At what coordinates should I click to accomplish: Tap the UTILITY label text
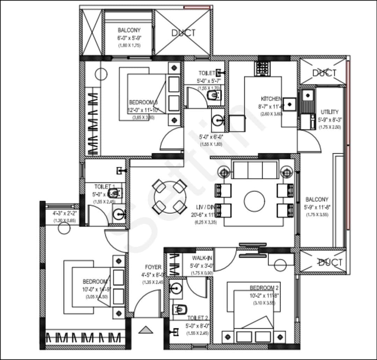pyautogui.click(x=329, y=112)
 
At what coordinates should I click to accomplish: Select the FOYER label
pyautogui.click(x=153, y=267)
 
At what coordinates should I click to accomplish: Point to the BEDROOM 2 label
pyautogui.click(x=264, y=288)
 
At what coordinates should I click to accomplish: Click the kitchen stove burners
pyautogui.click(x=262, y=69)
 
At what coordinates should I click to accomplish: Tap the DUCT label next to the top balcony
pyautogui.click(x=183, y=33)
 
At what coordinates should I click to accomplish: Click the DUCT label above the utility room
pyautogui.click(x=324, y=73)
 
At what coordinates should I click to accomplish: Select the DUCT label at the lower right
pyautogui.click(x=330, y=262)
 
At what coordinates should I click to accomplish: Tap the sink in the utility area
pyautogui.click(x=307, y=94)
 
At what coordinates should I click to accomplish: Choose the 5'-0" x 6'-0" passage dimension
pyautogui.click(x=211, y=137)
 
